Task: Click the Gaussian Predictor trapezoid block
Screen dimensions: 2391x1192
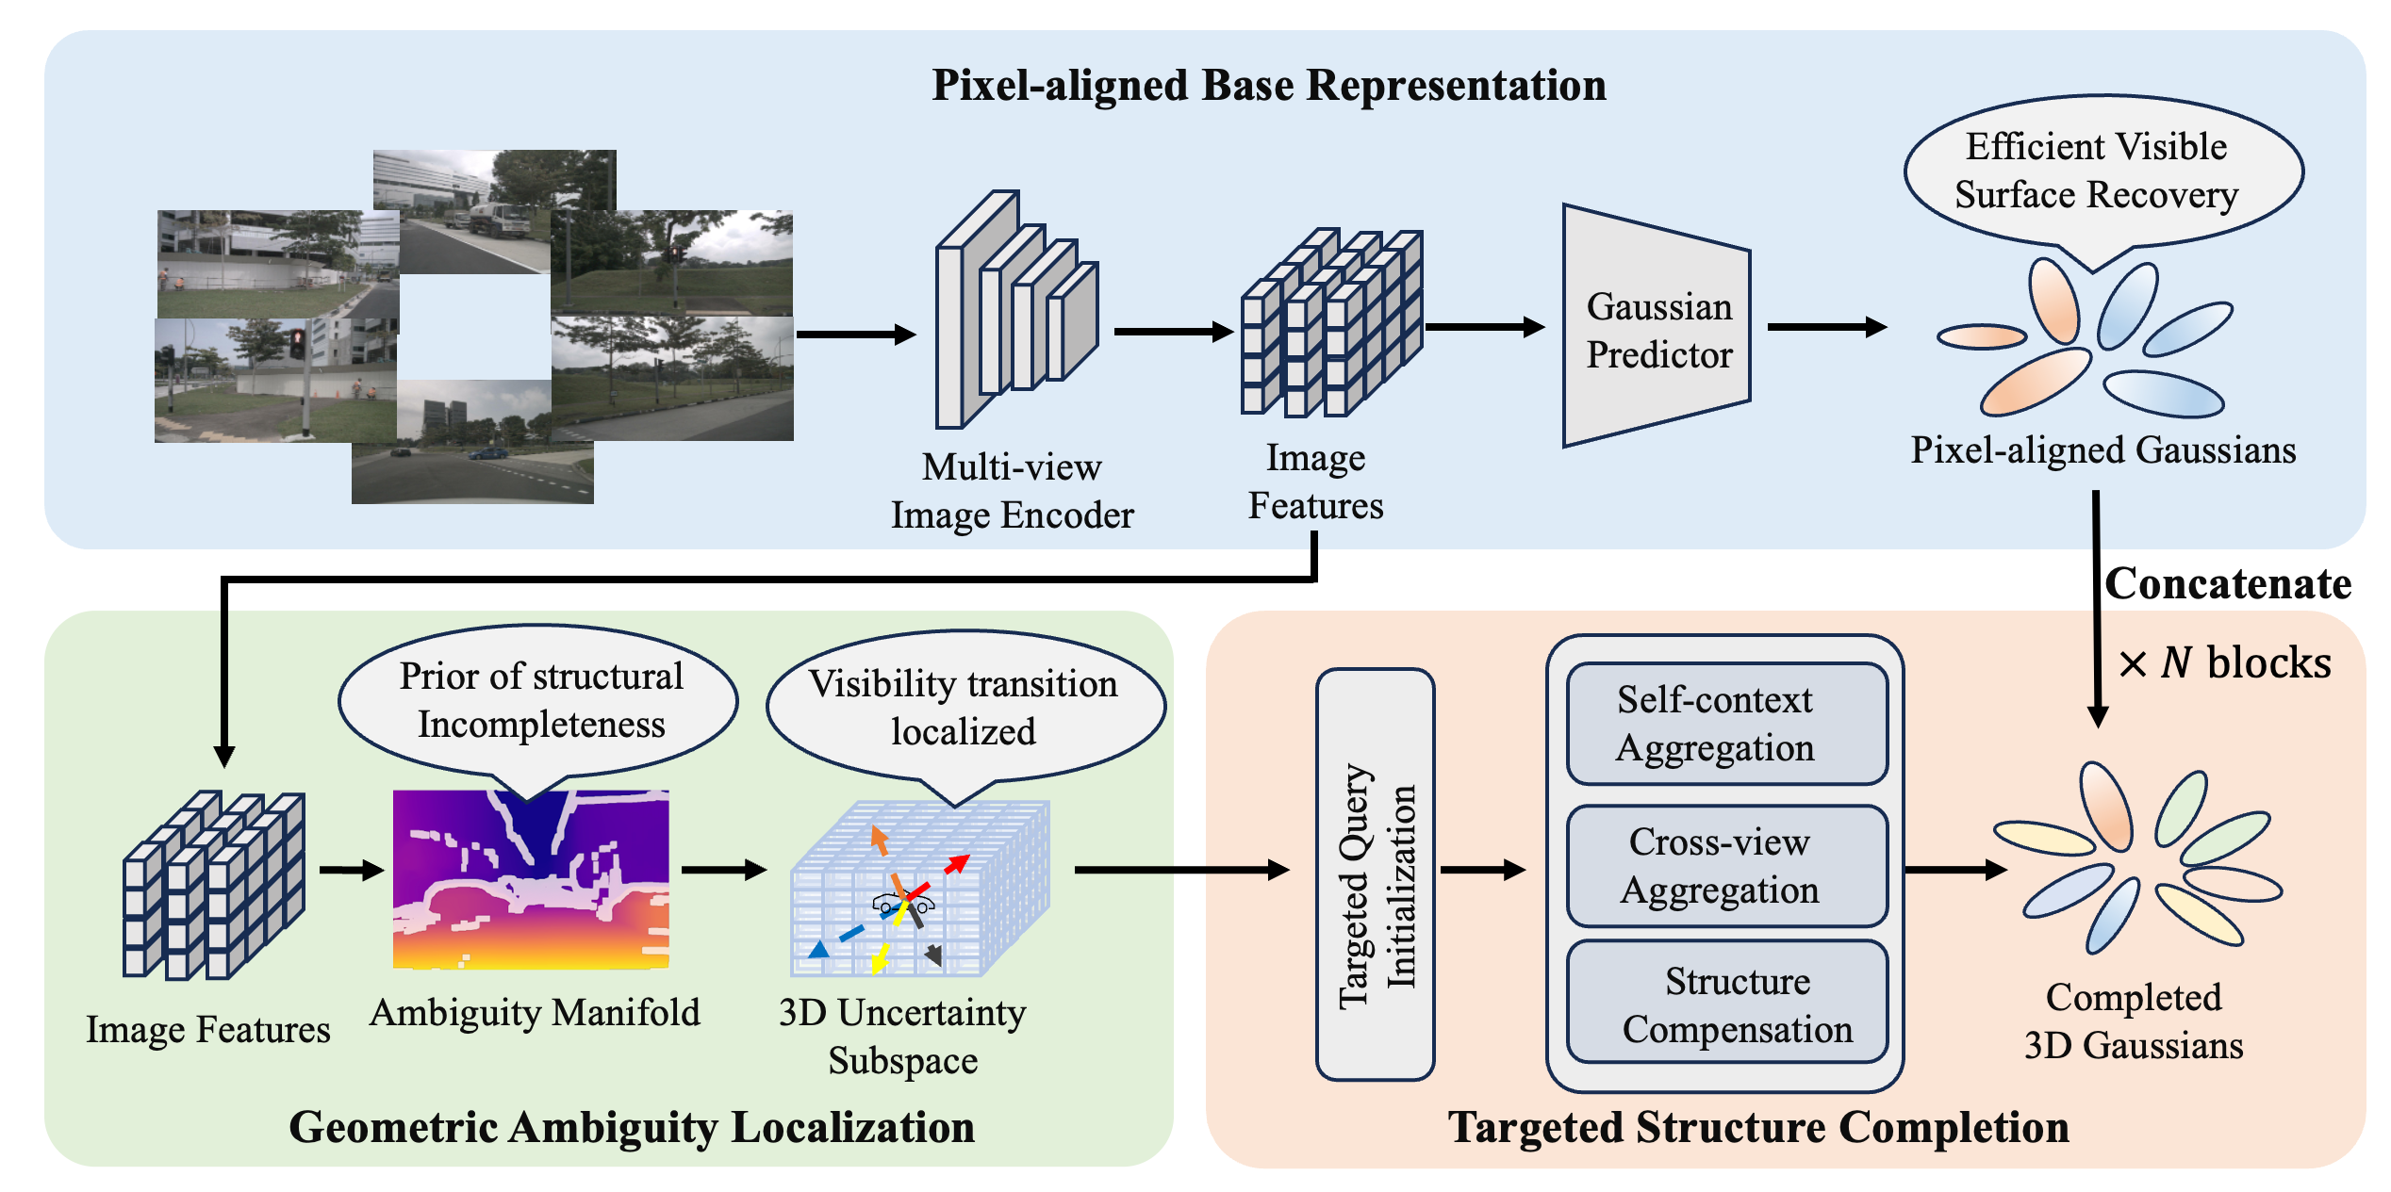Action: tap(1657, 326)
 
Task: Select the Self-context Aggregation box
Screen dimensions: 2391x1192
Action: tap(1726, 724)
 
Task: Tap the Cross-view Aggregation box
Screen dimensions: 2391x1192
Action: tap(1726, 866)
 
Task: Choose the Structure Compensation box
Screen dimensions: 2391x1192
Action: tap(1726, 1002)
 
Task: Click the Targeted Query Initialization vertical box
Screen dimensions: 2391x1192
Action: tap(1376, 874)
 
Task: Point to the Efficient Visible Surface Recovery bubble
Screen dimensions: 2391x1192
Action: tap(2103, 174)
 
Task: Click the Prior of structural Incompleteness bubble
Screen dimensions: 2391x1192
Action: tap(537, 705)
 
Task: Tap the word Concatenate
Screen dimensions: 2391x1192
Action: tap(2228, 584)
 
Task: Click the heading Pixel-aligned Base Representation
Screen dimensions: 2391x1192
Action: tap(1269, 85)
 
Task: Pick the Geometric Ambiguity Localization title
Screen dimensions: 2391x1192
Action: tap(632, 1127)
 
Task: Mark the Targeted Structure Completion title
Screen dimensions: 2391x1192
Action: tap(1758, 1127)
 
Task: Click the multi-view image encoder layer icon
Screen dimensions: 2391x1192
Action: tap(1016, 309)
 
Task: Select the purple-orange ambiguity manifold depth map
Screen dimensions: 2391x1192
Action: tap(531, 879)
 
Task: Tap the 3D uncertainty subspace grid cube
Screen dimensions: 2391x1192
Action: tap(919, 889)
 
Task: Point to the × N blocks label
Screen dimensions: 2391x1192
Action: tap(2224, 662)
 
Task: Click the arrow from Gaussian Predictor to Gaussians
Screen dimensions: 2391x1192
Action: tap(1827, 327)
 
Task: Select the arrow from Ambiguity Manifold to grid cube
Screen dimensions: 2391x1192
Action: tap(723, 869)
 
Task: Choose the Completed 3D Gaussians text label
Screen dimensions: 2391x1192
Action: tap(2134, 1021)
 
